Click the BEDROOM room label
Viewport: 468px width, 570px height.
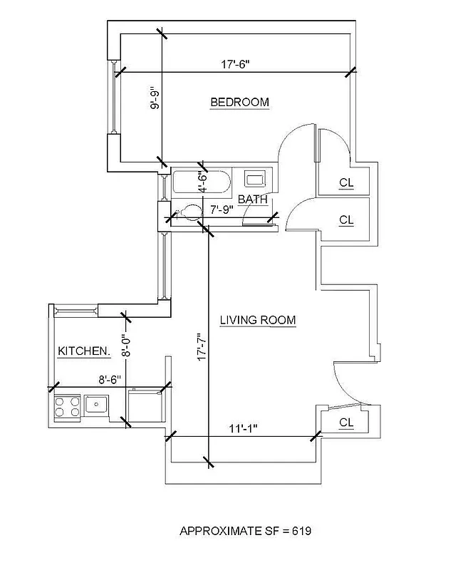pyautogui.click(x=239, y=103)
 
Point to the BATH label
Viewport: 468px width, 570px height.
pyautogui.click(x=252, y=199)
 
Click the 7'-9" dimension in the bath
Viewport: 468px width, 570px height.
pyautogui.click(x=223, y=210)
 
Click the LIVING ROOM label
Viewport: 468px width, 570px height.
pyautogui.click(x=257, y=321)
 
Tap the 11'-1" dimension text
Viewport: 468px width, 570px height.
pyautogui.click(x=243, y=429)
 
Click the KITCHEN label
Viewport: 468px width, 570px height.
pyautogui.click(x=83, y=351)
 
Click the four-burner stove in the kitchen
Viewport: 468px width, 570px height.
pyautogui.click(x=66, y=407)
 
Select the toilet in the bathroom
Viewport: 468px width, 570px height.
pyautogui.click(x=188, y=212)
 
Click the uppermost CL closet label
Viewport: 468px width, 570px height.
pyautogui.click(x=346, y=183)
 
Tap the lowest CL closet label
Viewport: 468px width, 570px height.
pyautogui.click(x=346, y=423)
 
